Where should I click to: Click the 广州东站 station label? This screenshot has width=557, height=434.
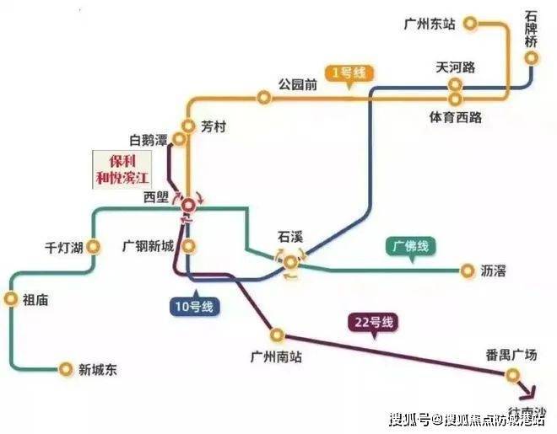click(x=430, y=24)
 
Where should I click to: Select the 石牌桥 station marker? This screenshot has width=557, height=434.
click(x=532, y=57)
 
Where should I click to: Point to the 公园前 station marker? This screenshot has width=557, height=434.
click(x=264, y=99)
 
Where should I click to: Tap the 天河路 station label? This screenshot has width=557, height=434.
click(x=456, y=66)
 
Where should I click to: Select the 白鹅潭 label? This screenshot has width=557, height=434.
click(x=149, y=137)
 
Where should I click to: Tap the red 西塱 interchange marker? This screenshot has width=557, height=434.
click(x=188, y=203)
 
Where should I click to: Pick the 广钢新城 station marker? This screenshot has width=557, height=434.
click(x=189, y=247)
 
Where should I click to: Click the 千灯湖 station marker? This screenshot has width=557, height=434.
click(x=94, y=247)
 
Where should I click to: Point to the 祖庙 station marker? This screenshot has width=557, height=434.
click(x=11, y=298)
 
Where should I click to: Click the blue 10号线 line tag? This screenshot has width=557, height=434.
click(x=194, y=306)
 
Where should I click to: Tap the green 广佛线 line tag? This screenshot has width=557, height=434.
click(x=410, y=247)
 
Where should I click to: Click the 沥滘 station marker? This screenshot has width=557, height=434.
click(x=468, y=271)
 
